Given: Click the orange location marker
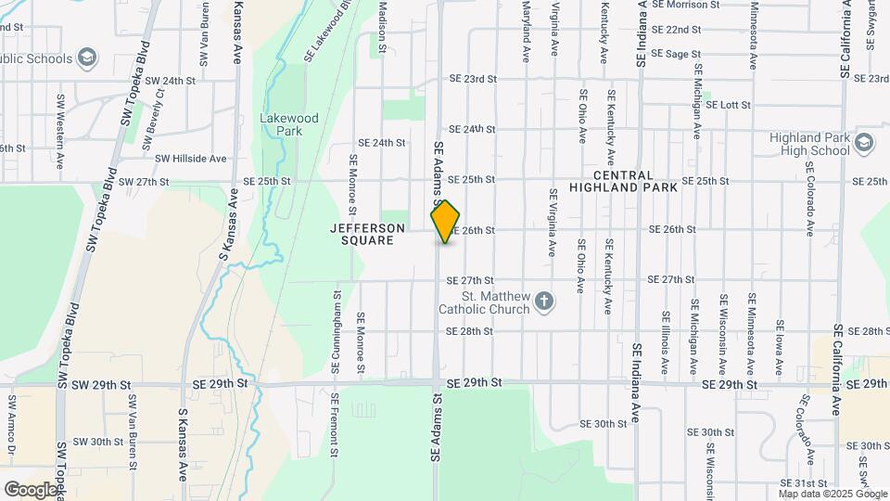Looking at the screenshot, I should point(446,222).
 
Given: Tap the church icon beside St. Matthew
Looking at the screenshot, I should point(544,301).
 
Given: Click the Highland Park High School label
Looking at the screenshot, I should point(808,144).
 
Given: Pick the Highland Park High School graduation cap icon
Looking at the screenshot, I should point(864,143).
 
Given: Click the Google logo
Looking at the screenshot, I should point(31,489).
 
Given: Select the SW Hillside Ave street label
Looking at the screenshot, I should point(190,159).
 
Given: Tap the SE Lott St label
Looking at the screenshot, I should point(728,105).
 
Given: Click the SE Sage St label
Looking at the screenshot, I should point(676,55).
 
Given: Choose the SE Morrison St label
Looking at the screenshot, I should point(685,5).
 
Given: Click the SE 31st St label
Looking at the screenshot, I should point(803,483).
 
